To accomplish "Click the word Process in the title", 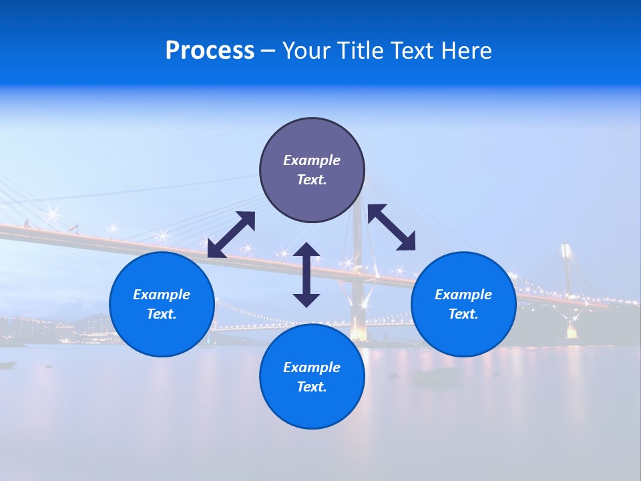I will coord(210,51).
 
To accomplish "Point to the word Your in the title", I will coord(306,51).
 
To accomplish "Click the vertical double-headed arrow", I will coord(306,275).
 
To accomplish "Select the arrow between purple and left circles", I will coord(231,234).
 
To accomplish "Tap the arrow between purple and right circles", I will coord(392,227).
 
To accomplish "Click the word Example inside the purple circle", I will coord(312,160).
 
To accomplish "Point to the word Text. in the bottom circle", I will coord(312,387).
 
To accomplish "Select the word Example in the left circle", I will coord(162,295).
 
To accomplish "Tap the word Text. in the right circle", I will coord(463,314).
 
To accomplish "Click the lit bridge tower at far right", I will coord(568,287).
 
